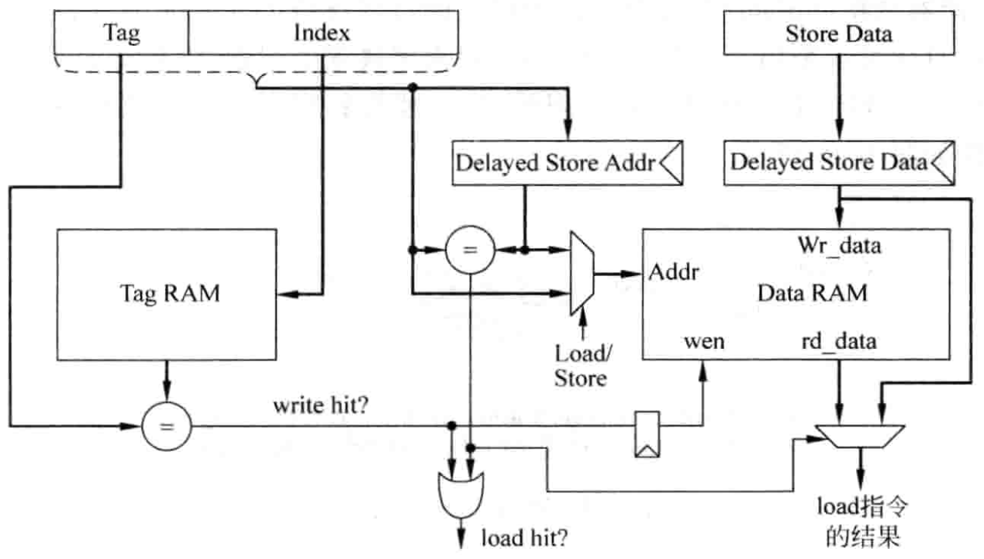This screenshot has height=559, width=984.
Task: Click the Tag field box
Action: pos(122,34)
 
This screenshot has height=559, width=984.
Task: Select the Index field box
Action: pos(322,34)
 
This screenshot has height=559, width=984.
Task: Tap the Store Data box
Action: pos(838,34)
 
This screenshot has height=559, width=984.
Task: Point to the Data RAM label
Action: pos(812,294)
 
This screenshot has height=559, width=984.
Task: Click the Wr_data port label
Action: pos(839,247)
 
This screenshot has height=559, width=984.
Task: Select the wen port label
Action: pos(703,341)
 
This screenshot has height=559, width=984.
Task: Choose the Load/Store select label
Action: pos(580,366)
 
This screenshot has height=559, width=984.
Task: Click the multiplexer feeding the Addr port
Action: pos(581,272)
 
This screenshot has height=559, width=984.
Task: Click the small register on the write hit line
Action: pos(647,436)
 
